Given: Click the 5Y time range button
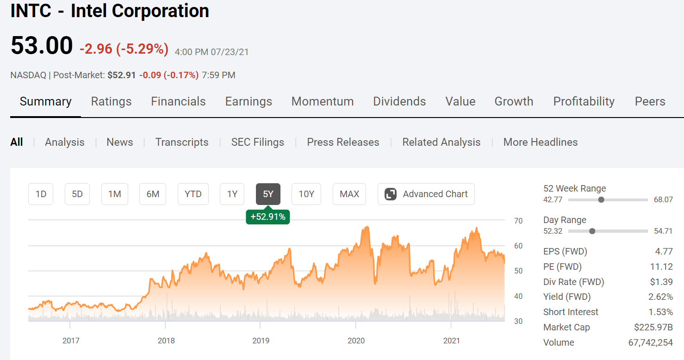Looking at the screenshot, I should click(x=268, y=194).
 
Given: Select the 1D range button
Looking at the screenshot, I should click(x=41, y=194).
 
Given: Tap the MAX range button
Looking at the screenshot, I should click(x=349, y=194).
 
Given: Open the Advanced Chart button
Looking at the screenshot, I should click(x=426, y=194).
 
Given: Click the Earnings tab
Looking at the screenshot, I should click(x=249, y=101).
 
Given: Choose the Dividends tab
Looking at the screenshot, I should click(x=399, y=101).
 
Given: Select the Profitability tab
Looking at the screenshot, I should click(x=584, y=101).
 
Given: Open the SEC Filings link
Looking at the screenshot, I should click(x=258, y=142).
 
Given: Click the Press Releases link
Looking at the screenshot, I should click(x=343, y=142).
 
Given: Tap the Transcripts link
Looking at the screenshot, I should click(x=182, y=142).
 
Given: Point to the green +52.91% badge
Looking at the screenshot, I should click(x=268, y=217).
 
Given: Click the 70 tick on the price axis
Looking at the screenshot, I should click(x=518, y=221).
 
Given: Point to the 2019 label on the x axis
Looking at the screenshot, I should click(x=261, y=341).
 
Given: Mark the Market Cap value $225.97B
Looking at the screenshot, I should click(x=653, y=327).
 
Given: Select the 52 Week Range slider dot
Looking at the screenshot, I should click(x=601, y=200).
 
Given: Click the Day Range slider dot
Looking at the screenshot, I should click(x=592, y=231).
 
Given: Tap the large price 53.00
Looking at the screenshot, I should click(x=42, y=46).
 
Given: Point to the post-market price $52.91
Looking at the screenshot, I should click(x=122, y=75).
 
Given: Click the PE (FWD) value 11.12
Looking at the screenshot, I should click(x=662, y=267).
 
